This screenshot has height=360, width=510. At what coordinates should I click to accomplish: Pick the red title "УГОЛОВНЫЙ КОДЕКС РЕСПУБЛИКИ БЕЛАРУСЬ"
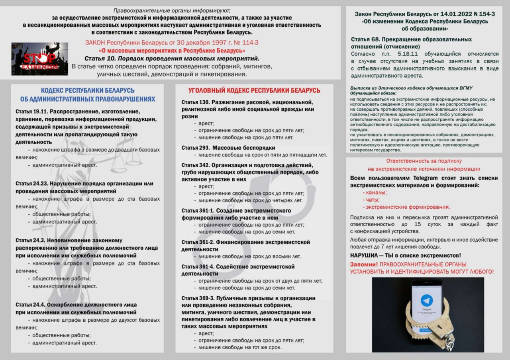point(254,90)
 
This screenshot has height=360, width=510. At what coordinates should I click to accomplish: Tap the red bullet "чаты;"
point(371,200)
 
